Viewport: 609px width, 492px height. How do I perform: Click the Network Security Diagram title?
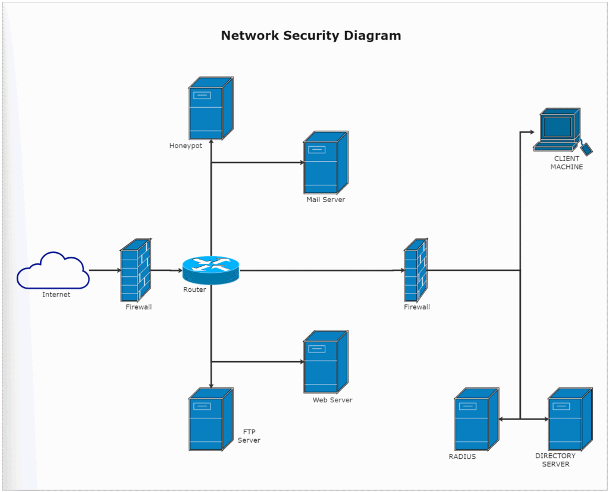click(x=310, y=36)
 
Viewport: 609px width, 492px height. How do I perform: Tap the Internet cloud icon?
click(x=53, y=271)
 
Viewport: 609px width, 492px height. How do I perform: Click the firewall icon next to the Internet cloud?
click(x=136, y=270)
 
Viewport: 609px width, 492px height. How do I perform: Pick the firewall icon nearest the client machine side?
click(x=416, y=270)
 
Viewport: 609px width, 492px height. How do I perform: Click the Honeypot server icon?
click(x=211, y=109)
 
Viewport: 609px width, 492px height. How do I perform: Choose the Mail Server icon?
click(x=325, y=163)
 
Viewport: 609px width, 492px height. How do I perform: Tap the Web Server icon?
click(x=325, y=362)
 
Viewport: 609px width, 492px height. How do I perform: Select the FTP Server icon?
click(x=211, y=420)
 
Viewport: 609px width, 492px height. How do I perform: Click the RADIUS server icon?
click(x=476, y=420)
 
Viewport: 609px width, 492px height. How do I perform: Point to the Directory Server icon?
click(x=569, y=420)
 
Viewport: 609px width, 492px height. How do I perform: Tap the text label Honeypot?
click(x=186, y=146)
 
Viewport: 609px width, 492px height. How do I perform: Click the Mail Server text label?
click(x=325, y=200)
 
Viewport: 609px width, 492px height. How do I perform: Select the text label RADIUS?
click(x=462, y=457)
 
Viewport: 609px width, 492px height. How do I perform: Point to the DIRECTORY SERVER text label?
click(x=555, y=460)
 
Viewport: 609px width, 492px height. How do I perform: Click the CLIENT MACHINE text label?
click(x=566, y=163)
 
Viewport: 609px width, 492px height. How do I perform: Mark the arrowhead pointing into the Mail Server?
click(x=300, y=162)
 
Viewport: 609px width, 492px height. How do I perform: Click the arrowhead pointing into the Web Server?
click(x=300, y=361)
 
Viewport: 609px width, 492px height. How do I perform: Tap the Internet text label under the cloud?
click(x=56, y=295)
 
